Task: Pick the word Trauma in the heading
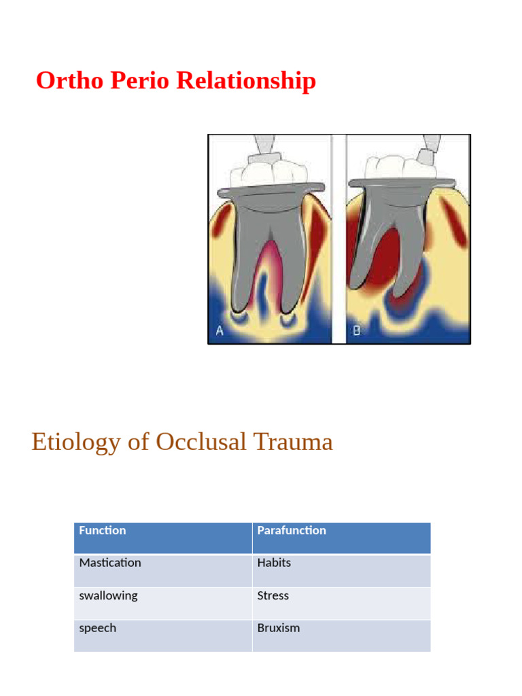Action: coord(293,442)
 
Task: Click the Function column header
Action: coord(103,531)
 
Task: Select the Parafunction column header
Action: coord(292,531)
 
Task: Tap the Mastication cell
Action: coord(110,563)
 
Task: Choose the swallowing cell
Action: coord(108,595)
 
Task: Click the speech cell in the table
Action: coord(97,628)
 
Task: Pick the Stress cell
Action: coord(273,595)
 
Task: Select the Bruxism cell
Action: coord(278,628)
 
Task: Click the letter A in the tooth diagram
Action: coord(220,331)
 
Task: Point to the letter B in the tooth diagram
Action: coord(358,332)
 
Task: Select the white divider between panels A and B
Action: coord(338,238)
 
